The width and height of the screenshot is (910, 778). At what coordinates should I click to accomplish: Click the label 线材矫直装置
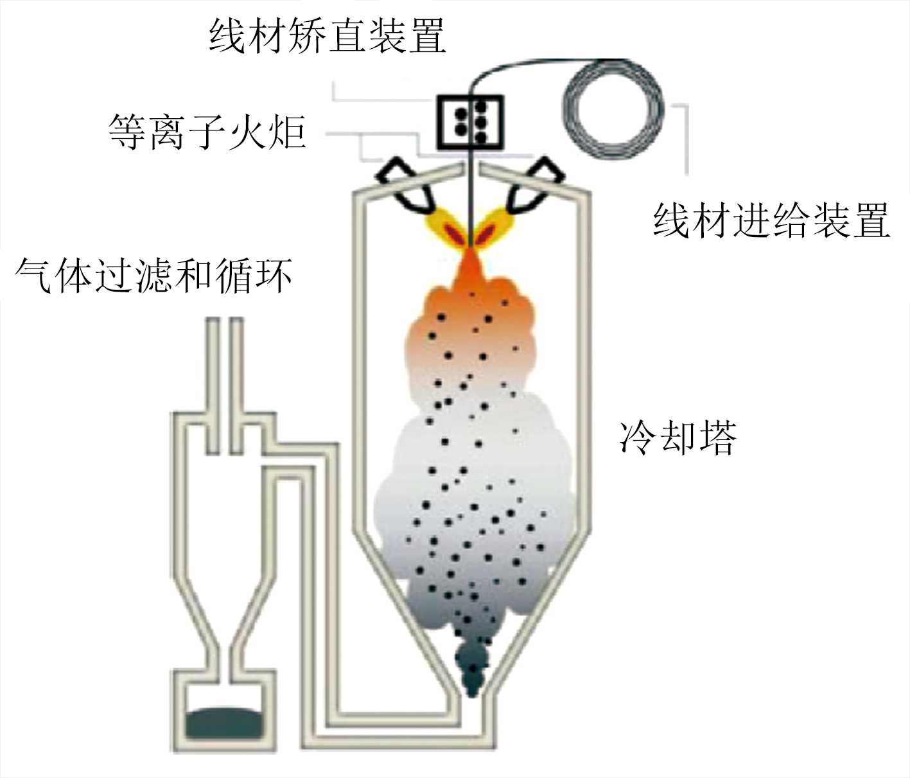pyautogui.click(x=328, y=35)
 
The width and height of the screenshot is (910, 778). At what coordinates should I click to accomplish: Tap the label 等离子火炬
pyautogui.click(x=207, y=132)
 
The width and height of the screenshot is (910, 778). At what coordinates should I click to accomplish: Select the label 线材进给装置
pyautogui.click(x=771, y=220)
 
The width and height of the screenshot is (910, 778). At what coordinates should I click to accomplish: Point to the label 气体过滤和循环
pyautogui.click(x=154, y=276)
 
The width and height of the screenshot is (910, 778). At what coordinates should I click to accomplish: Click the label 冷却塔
pyautogui.click(x=678, y=438)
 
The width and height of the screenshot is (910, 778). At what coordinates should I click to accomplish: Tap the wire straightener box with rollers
pyautogui.click(x=470, y=121)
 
